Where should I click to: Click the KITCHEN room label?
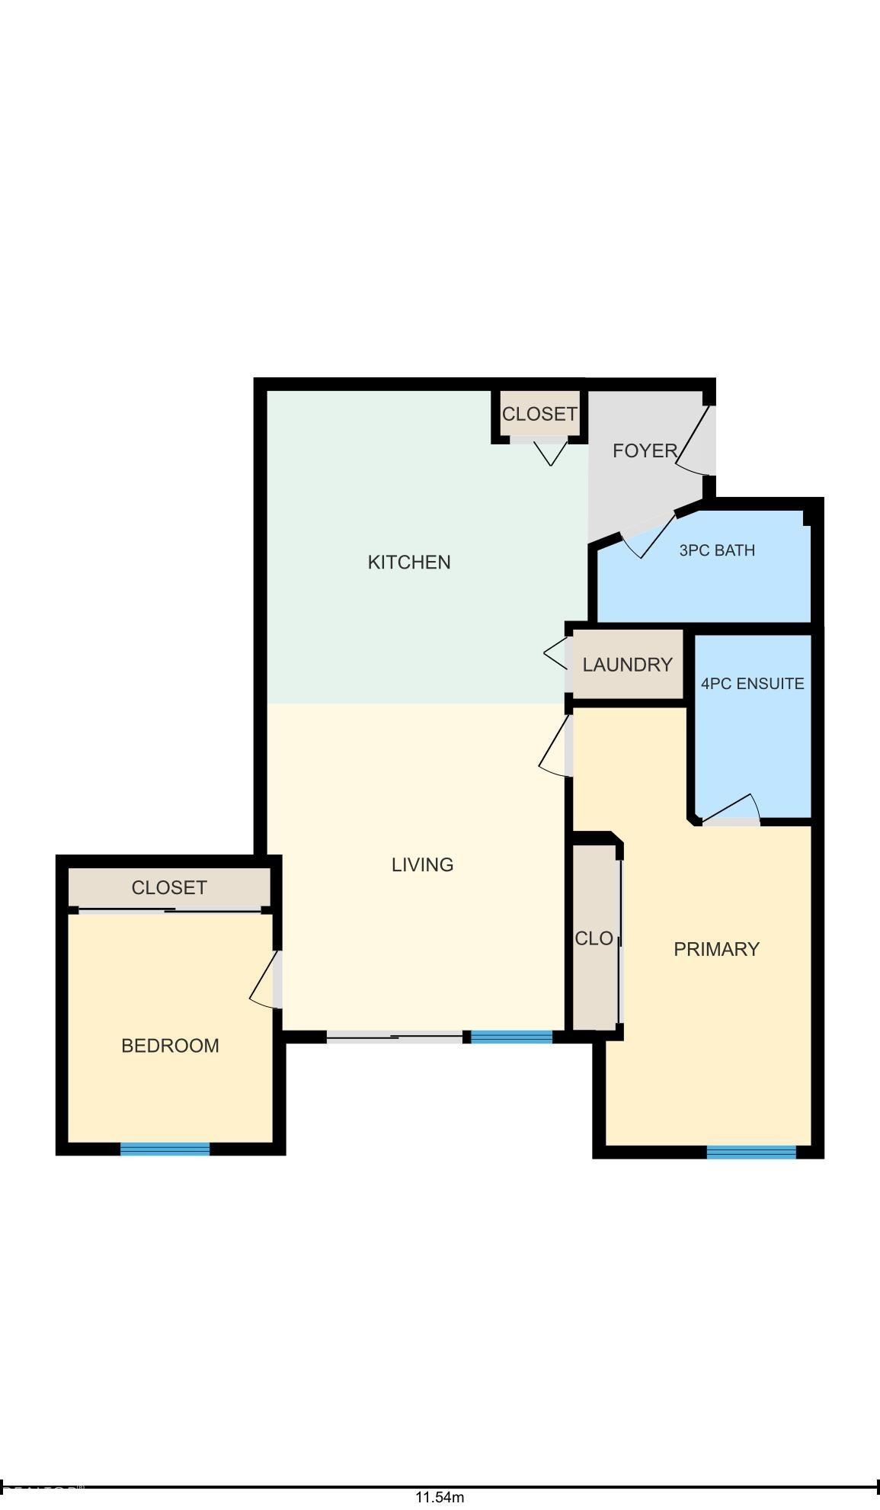pyautogui.click(x=409, y=563)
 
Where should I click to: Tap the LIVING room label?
pyautogui.click(x=422, y=865)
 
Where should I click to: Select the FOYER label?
pyautogui.click(x=645, y=450)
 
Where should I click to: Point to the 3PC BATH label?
pyautogui.click(x=717, y=550)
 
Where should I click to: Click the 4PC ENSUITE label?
pyautogui.click(x=752, y=684)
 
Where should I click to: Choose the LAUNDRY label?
pyautogui.click(x=627, y=665)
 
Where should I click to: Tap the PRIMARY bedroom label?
pyautogui.click(x=716, y=949)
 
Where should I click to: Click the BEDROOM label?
pyautogui.click(x=170, y=1046)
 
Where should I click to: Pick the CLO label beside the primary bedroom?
pyautogui.click(x=594, y=938)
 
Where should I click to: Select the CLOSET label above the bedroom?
pyautogui.click(x=168, y=887)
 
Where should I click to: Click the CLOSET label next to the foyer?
pyautogui.click(x=539, y=414)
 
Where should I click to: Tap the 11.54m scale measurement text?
pyautogui.click(x=440, y=1497)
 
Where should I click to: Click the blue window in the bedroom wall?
pyautogui.click(x=165, y=1149)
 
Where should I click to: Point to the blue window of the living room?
pyautogui.click(x=511, y=1037)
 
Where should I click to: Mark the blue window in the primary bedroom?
pyautogui.click(x=751, y=1152)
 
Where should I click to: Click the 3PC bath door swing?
pyautogui.click(x=648, y=534)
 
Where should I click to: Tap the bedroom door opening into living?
pyautogui.click(x=267, y=980)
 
